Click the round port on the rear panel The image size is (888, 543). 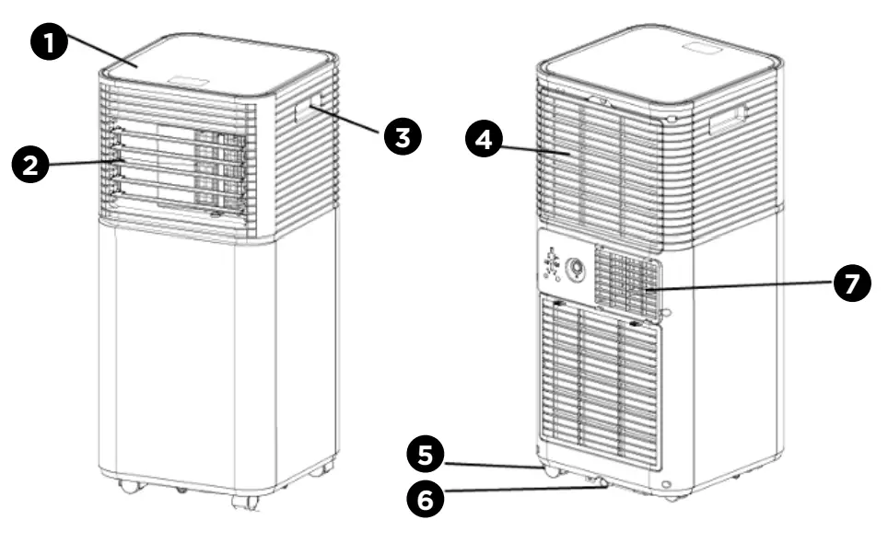coord(578,268)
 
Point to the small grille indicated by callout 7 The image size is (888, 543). coord(627,281)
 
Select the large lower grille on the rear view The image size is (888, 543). coord(599,382)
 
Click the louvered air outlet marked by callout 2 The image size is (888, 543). coord(180,170)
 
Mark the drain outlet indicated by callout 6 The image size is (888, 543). coord(602,480)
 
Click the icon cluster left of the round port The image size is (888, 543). coord(551,265)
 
